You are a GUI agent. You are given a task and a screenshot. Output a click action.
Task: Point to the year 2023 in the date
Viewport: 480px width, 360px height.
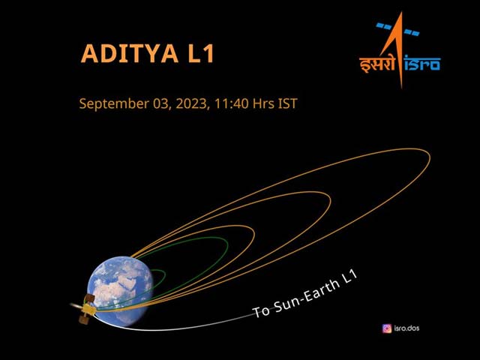(187, 103)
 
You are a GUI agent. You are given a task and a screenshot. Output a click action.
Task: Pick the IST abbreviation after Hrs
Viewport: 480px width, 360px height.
(286, 103)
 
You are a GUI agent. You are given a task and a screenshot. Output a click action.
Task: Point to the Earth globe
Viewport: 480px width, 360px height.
(119, 288)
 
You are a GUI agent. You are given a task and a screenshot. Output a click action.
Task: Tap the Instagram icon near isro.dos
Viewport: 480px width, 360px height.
(387, 328)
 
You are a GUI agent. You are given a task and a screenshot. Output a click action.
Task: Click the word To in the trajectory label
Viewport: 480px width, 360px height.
(262, 310)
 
